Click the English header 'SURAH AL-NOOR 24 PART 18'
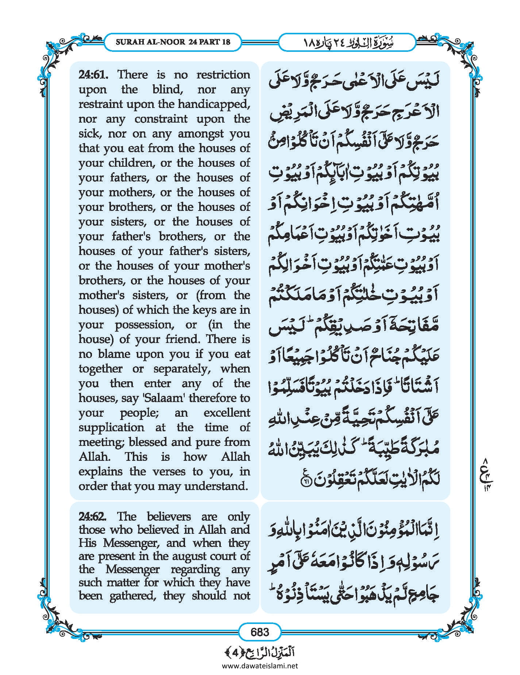(x=173, y=42)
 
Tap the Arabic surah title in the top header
(x=347, y=42)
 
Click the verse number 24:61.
(x=93, y=75)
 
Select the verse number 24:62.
(x=93, y=516)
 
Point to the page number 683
(x=260, y=632)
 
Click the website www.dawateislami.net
(x=260, y=666)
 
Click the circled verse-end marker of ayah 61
(x=304, y=482)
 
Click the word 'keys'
(x=203, y=310)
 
